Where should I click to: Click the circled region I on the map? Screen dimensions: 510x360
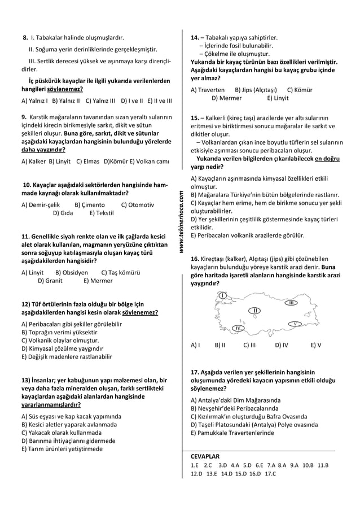click(x=223, y=295)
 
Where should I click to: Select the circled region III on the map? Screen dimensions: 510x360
click(x=291, y=303)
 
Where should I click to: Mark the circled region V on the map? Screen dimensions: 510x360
click(x=295, y=324)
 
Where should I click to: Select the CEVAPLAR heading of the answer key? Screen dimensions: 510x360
click(x=205, y=456)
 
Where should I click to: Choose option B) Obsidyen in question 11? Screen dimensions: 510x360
click(x=72, y=272)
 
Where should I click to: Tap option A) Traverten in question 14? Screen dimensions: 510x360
click(x=208, y=89)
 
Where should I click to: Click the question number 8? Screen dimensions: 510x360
click(x=25, y=37)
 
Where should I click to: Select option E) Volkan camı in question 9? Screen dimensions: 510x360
click(x=150, y=161)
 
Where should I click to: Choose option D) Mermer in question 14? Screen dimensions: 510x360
click(x=227, y=98)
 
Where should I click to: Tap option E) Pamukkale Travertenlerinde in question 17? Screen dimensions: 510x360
click(x=232, y=433)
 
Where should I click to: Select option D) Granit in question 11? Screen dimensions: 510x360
click(x=50, y=280)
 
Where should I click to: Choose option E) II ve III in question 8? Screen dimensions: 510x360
click(x=160, y=101)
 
